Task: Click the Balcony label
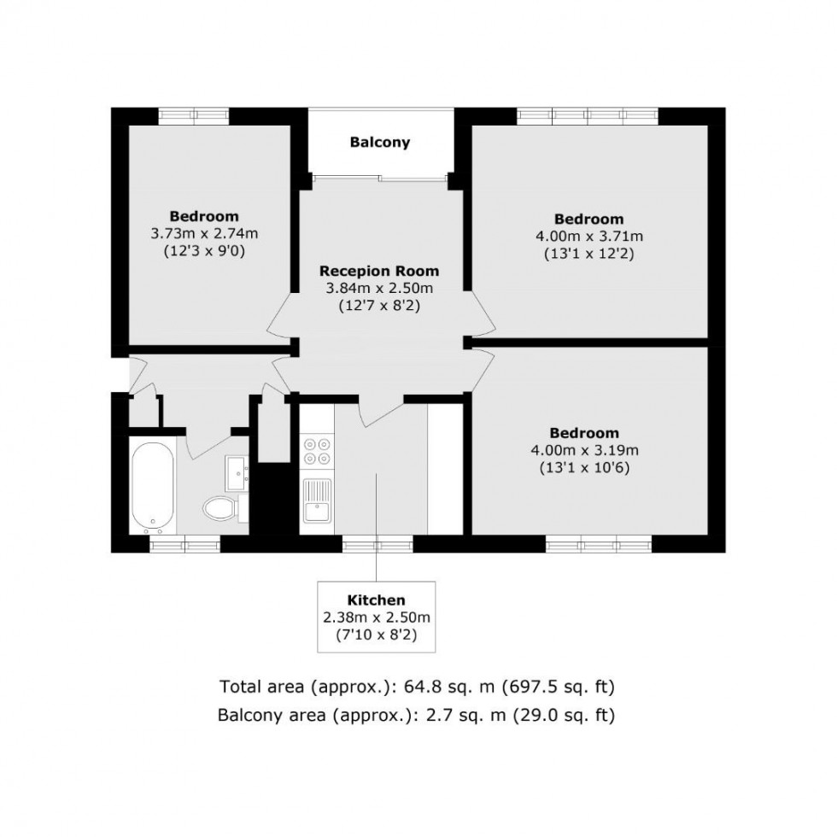(380, 143)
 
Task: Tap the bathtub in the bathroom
(154, 486)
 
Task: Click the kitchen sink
(316, 500)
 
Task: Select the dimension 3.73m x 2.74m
(204, 233)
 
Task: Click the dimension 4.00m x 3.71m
(588, 237)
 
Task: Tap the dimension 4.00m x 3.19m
(585, 450)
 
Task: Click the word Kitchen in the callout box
(376, 600)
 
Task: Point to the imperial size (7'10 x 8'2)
(376, 635)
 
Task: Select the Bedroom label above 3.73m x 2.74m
(204, 216)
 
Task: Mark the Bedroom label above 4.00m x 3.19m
(585, 433)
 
